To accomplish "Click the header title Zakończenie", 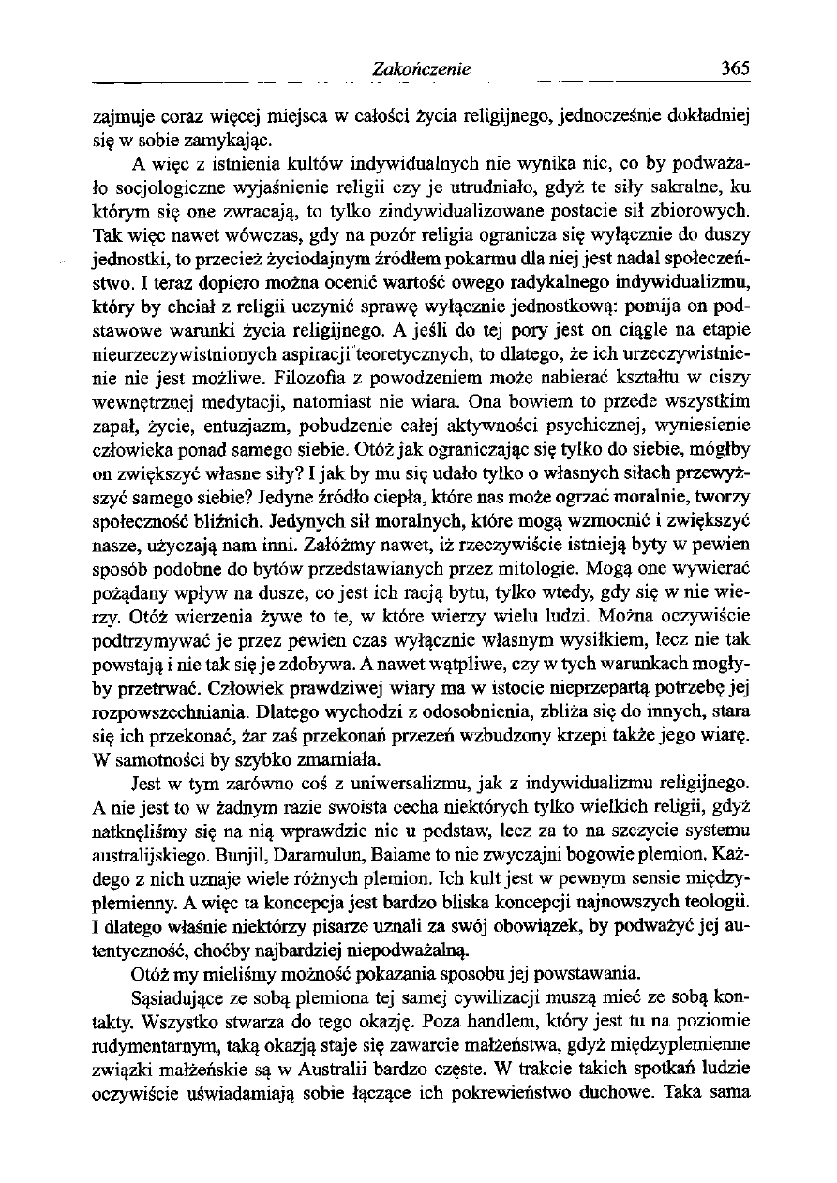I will click(420, 68).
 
